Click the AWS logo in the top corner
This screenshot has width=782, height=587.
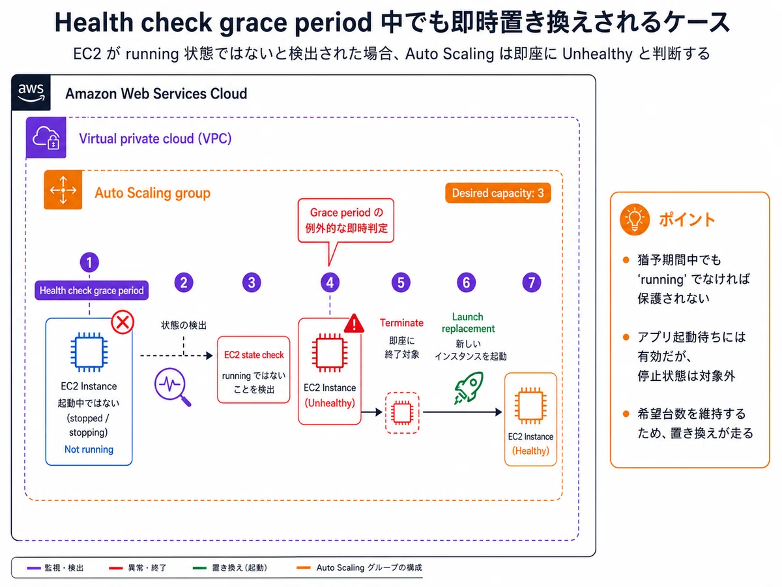click(x=31, y=93)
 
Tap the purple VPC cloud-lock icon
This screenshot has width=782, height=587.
click(x=46, y=137)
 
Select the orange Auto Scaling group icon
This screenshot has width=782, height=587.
click(x=63, y=190)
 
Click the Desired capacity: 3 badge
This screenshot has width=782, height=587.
click(x=498, y=193)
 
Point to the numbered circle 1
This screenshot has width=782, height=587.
click(x=89, y=263)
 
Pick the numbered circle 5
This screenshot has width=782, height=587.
click(x=401, y=282)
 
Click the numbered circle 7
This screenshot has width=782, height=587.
click(x=532, y=282)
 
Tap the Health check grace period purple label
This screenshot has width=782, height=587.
click(x=92, y=290)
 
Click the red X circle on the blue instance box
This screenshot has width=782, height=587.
click(x=123, y=322)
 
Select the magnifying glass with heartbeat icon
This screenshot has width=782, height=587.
click(x=173, y=387)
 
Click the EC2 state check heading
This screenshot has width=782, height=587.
click(x=253, y=355)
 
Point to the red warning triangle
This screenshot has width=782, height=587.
click(x=354, y=324)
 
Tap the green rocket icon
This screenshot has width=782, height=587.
click(x=469, y=388)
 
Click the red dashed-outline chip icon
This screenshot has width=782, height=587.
click(x=402, y=413)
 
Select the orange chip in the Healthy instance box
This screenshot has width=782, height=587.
click(x=530, y=406)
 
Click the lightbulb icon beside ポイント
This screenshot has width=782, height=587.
click(x=635, y=220)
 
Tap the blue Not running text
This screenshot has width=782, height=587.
click(x=89, y=449)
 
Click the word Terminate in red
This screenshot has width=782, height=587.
click(x=401, y=323)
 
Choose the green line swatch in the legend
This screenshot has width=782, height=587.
click(x=199, y=567)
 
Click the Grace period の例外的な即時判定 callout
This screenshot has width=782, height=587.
click(x=346, y=221)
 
